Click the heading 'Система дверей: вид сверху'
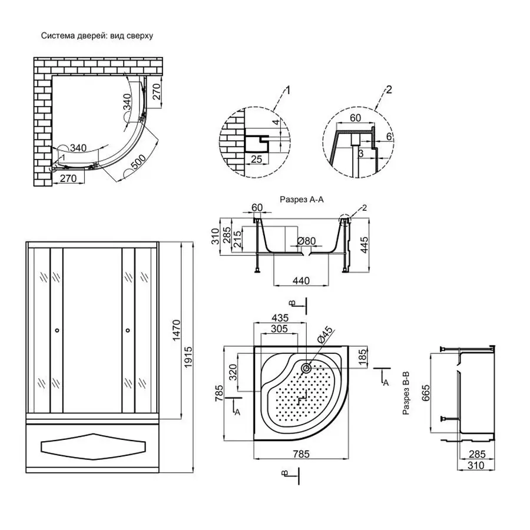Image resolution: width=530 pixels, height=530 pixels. pos(97,36)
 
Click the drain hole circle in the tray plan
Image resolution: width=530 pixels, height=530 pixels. pos(307,369)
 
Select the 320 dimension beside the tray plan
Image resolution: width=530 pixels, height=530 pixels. pos(233,373)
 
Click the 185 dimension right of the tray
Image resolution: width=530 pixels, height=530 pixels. pos(363,356)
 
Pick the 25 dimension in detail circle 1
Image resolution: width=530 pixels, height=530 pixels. pos(256,159)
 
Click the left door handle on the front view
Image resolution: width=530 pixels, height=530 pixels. pos(57,330)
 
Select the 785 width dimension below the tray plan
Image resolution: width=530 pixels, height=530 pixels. pos(300,454)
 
